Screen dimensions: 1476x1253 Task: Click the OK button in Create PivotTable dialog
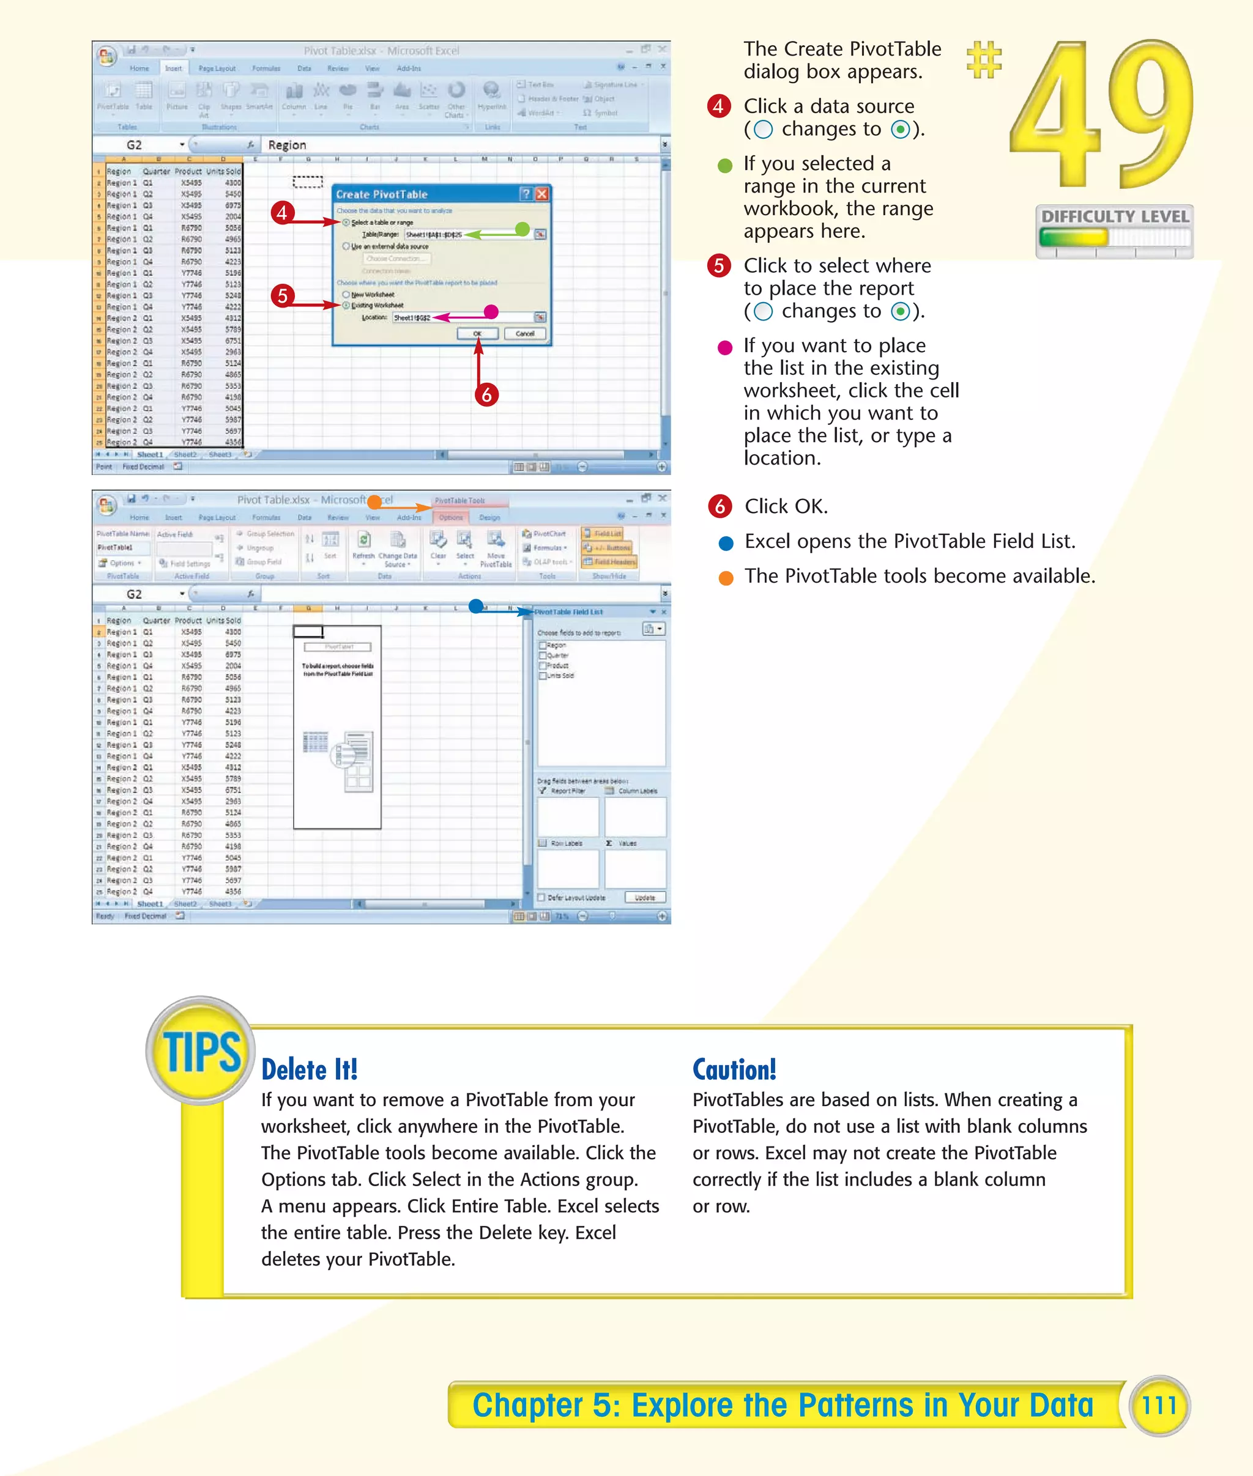tap(477, 334)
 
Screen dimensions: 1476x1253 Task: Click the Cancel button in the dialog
tap(524, 334)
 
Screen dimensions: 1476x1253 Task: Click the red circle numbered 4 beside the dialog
tap(283, 212)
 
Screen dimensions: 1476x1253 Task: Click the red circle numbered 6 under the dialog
tap(486, 395)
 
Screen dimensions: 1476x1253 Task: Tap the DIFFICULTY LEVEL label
tap(1115, 216)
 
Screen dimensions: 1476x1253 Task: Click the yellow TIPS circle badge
tap(201, 1050)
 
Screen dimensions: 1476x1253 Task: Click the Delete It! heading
tap(309, 1069)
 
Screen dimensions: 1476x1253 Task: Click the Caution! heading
tap(734, 1069)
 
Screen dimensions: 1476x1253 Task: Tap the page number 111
tap(1159, 1405)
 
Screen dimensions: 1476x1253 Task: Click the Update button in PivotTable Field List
tap(645, 898)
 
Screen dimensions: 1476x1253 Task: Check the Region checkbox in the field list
tap(543, 645)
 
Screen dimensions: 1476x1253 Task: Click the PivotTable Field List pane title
tap(568, 611)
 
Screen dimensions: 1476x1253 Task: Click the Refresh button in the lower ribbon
tap(363, 545)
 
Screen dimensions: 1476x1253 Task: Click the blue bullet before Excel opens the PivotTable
tap(725, 543)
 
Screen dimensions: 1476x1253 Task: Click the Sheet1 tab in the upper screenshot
tap(149, 454)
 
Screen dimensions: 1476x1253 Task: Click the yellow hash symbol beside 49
tap(984, 60)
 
